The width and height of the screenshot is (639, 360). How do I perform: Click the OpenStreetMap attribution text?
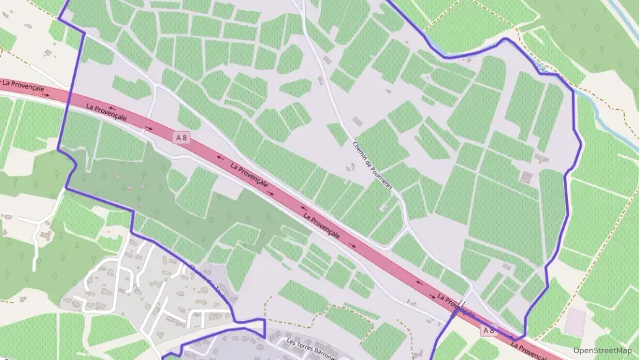coord(602,350)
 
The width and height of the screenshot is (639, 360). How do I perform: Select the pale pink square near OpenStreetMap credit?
coord(576,321)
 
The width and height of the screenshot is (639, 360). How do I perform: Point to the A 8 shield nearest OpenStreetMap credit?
coord(488,331)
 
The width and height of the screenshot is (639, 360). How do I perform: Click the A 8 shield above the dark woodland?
coord(182,137)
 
